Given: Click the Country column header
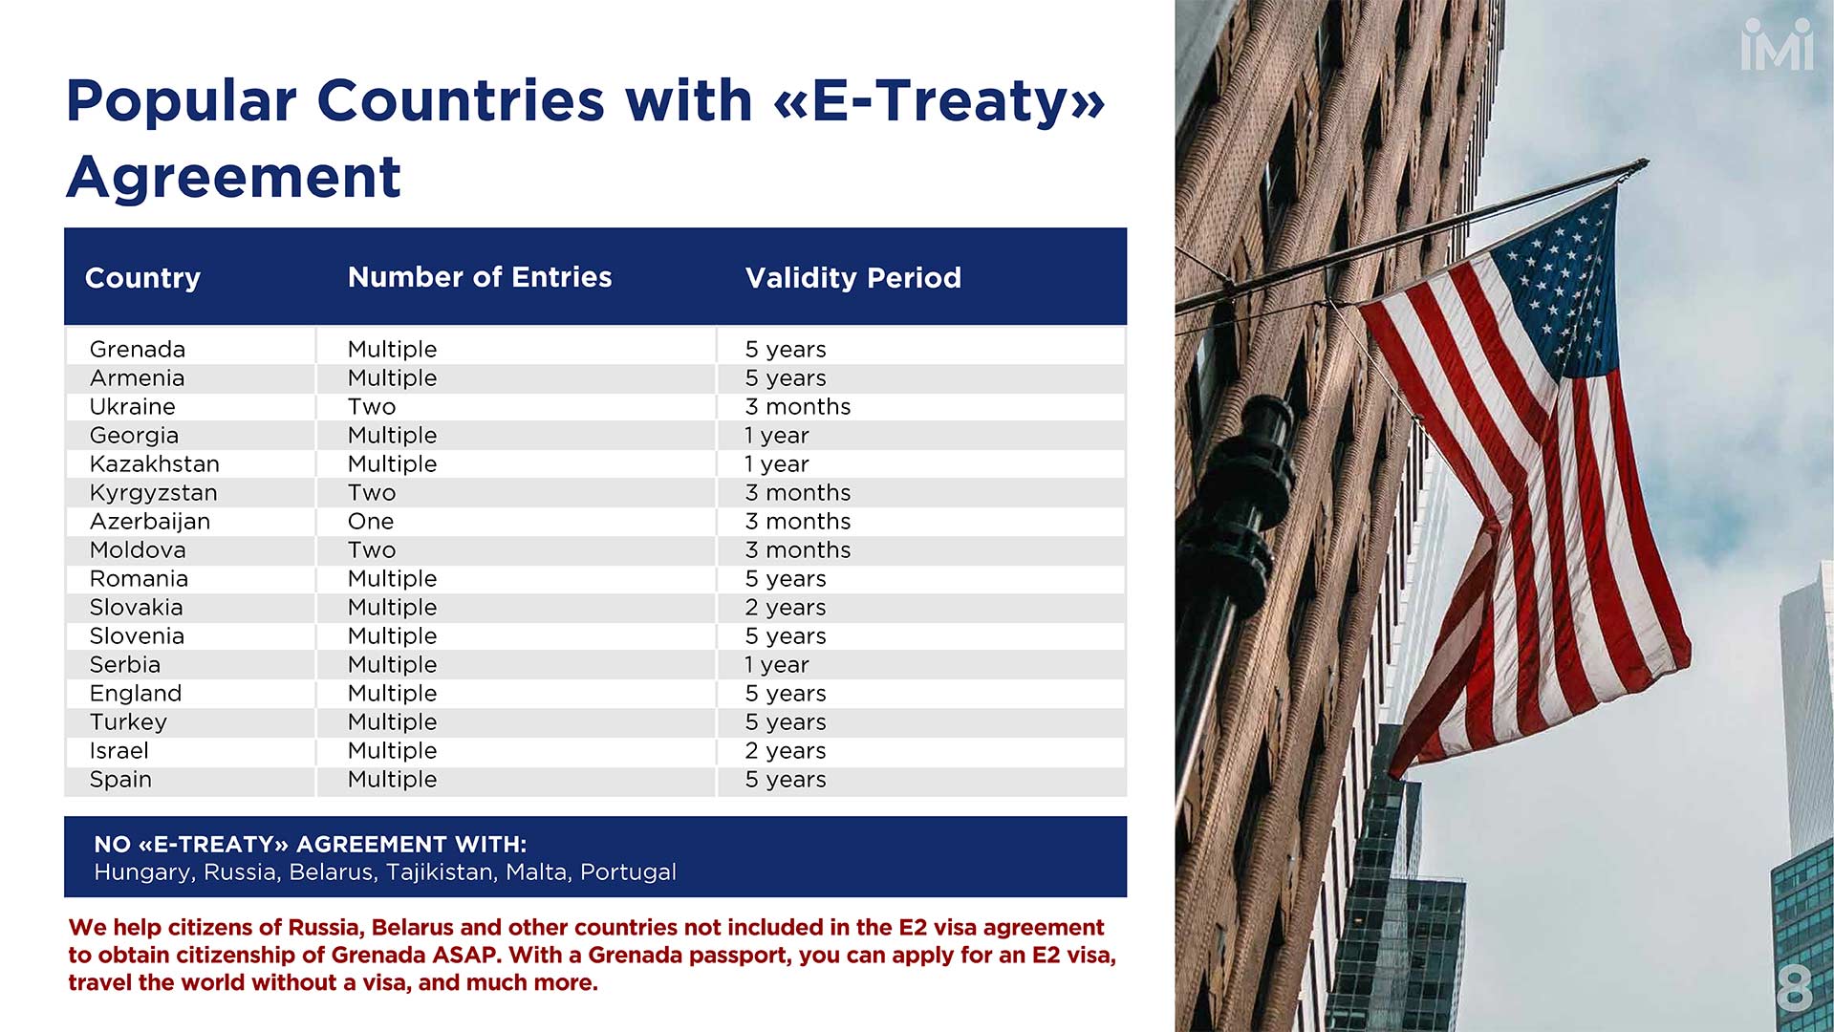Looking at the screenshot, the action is click(x=142, y=278).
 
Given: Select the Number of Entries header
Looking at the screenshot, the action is click(x=480, y=277).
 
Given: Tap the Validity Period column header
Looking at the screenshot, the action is click(x=852, y=278).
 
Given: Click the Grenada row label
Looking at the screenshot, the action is click(x=138, y=350).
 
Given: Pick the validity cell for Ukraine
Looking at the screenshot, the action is click(x=798, y=407).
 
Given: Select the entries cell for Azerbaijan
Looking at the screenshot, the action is click(x=371, y=522).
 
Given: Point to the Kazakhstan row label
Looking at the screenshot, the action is click(x=155, y=464).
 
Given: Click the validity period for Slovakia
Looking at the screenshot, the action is click(x=786, y=608).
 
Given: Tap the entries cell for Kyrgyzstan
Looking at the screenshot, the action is click(x=372, y=493).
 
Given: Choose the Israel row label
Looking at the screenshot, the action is click(x=119, y=751).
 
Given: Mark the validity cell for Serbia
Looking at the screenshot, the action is click(x=777, y=665).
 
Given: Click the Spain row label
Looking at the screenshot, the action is click(x=120, y=780).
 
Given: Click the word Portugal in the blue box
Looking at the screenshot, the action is click(x=628, y=872).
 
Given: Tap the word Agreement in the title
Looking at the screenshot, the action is click(x=234, y=177).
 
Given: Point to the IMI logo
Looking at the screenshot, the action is click(x=1777, y=44).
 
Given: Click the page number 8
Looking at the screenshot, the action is click(x=1794, y=988).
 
